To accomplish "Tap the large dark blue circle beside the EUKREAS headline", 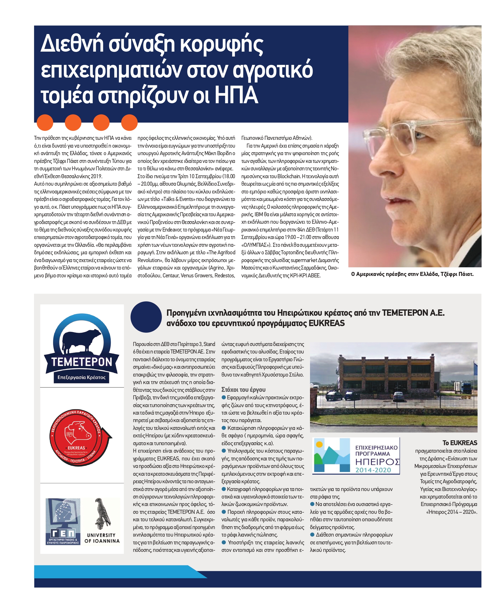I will [x=146, y=317].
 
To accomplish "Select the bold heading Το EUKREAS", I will [x=460, y=443].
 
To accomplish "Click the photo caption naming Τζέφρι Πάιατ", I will [x=412, y=274].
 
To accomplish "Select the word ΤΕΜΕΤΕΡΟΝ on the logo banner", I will [x=82, y=362].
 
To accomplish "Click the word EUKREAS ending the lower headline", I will [x=326, y=323].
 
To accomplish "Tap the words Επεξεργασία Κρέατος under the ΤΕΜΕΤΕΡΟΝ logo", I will [x=81, y=377].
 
